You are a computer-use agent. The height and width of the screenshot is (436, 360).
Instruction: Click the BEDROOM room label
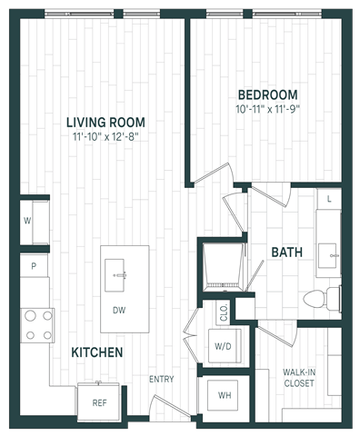tap(267, 94)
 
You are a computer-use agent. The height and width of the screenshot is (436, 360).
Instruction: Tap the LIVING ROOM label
tap(105, 123)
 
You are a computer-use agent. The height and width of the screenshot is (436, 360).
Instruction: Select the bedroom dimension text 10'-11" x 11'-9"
tap(267, 109)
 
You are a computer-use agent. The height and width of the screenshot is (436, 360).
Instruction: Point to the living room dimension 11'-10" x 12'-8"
tap(105, 137)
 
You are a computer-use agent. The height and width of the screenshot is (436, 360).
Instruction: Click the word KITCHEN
tap(97, 352)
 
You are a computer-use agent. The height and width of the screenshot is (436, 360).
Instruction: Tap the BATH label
tap(287, 253)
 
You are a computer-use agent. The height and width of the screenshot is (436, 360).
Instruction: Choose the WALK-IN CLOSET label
tap(299, 378)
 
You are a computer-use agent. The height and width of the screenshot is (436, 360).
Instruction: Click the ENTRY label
tap(162, 379)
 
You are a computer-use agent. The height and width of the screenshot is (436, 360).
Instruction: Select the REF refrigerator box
tap(99, 401)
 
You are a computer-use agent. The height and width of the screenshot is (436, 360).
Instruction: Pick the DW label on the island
tap(119, 310)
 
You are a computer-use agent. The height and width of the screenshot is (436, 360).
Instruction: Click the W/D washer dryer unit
tap(225, 346)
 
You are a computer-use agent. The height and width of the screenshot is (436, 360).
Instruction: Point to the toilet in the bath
tap(322, 299)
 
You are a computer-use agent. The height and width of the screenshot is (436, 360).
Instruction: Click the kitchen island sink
tap(115, 275)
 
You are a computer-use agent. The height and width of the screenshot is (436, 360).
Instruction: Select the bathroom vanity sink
tap(327, 255)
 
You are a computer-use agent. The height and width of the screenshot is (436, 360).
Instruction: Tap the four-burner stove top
tap(37, 325)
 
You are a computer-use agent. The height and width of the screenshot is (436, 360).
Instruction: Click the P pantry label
tap(34, 266)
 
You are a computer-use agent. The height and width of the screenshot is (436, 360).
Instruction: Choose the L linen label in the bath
tap(329, 199)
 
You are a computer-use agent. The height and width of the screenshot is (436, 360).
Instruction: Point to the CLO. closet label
tap(224, 312)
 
